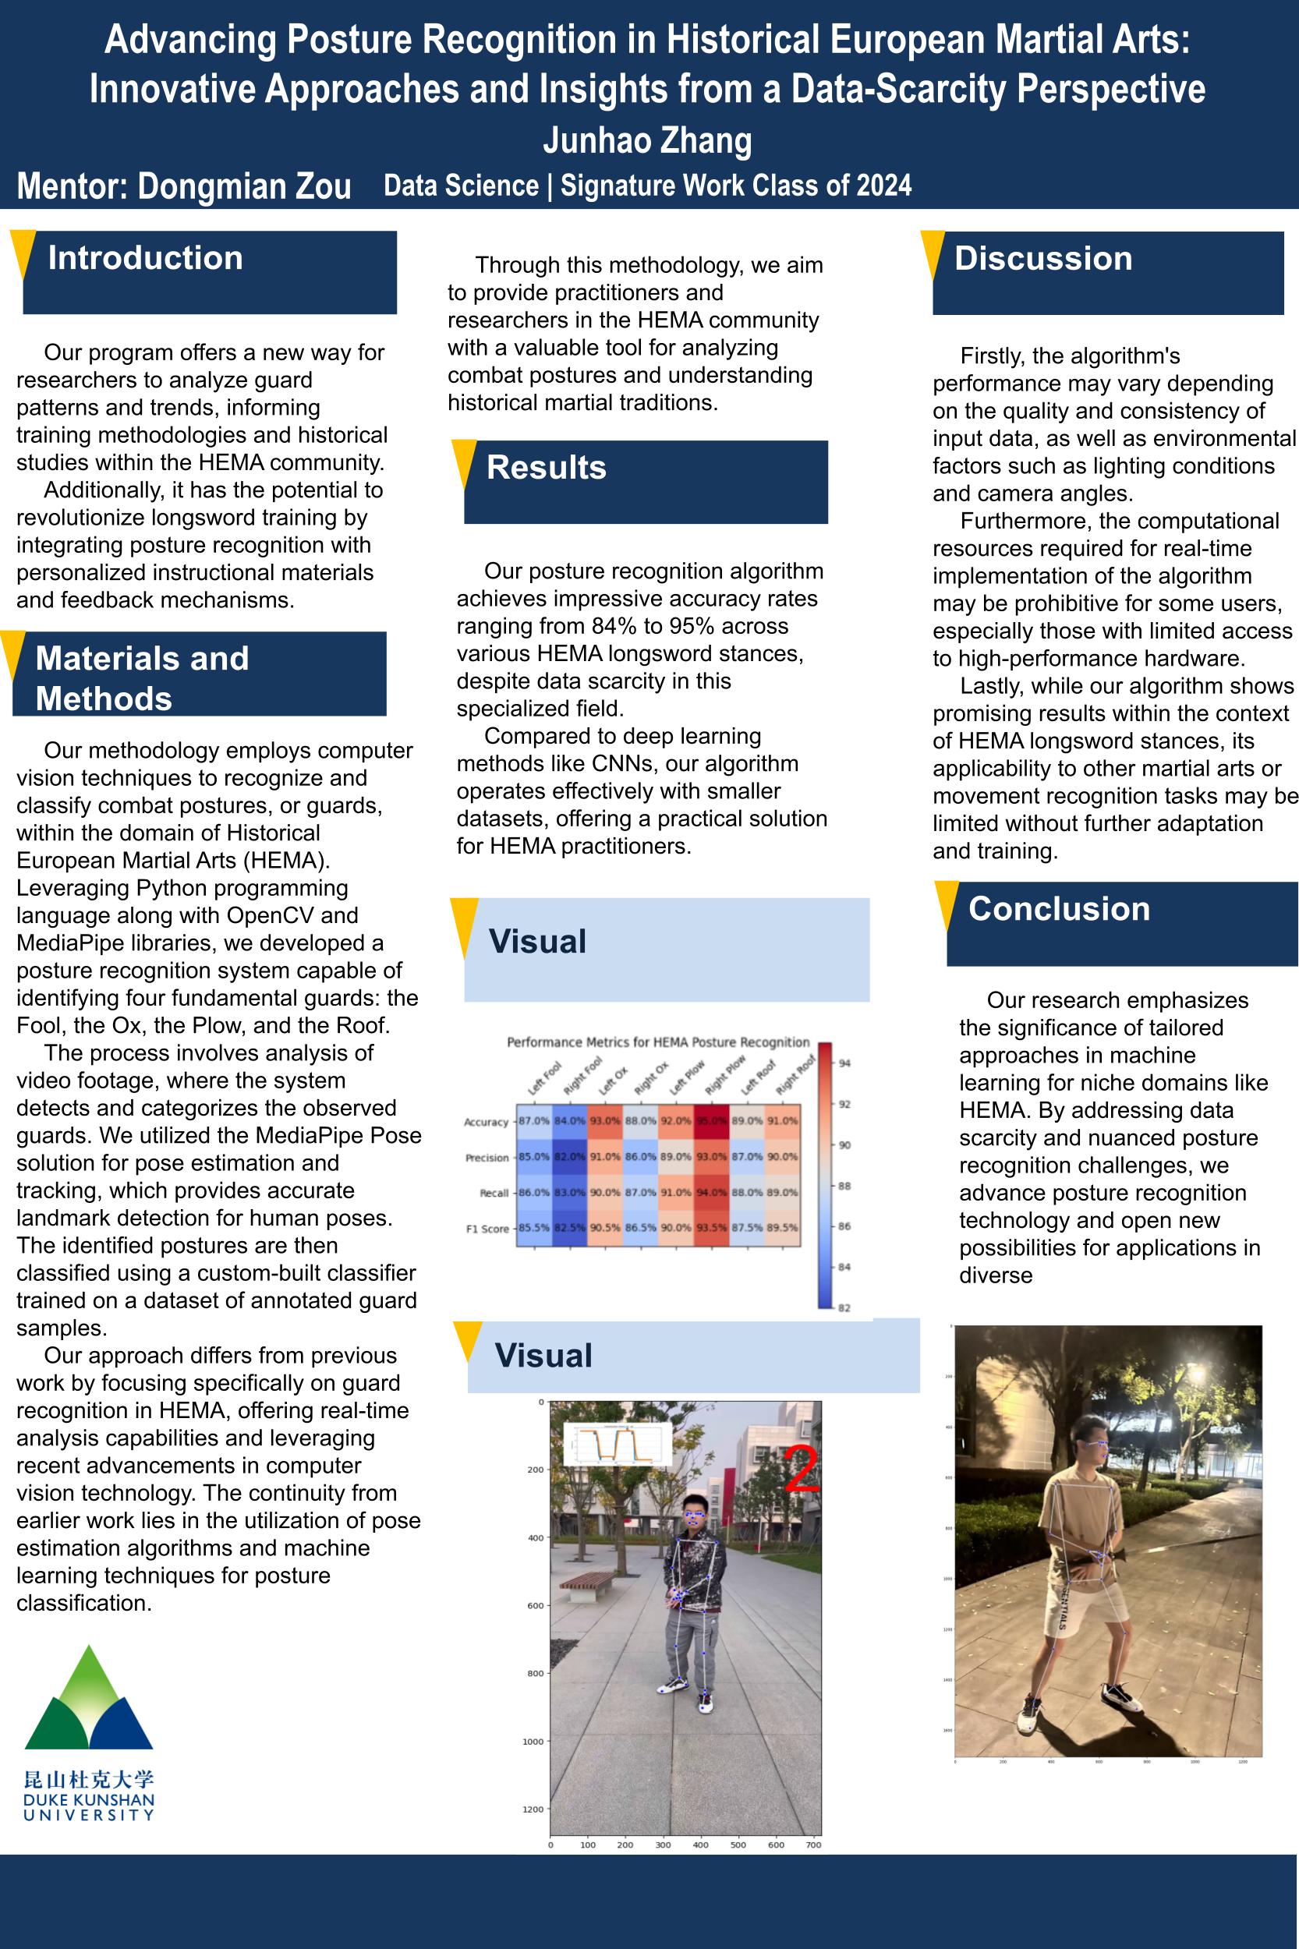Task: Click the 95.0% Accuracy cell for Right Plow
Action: click(712, 1121)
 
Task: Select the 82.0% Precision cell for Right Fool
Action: click(569, 1156)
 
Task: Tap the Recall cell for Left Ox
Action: click(605, 1192)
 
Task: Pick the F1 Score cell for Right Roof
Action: click(783, 1228)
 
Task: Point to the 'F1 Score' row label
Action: click(487, 1229)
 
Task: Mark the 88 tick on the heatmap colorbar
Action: click(844, 1185)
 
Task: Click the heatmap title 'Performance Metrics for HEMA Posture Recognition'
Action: click(658, 1042)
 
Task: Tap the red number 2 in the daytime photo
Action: click(800, 1470)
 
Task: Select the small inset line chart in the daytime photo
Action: click(615, 1445)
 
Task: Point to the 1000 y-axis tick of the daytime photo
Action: click(533, 1741)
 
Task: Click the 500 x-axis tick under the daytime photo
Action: click(738, 1845)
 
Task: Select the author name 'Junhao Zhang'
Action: click(647, 141)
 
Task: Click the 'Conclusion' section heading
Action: click(1059, 909)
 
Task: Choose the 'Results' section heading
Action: click(546, 467)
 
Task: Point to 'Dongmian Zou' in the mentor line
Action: click(244, 187)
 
